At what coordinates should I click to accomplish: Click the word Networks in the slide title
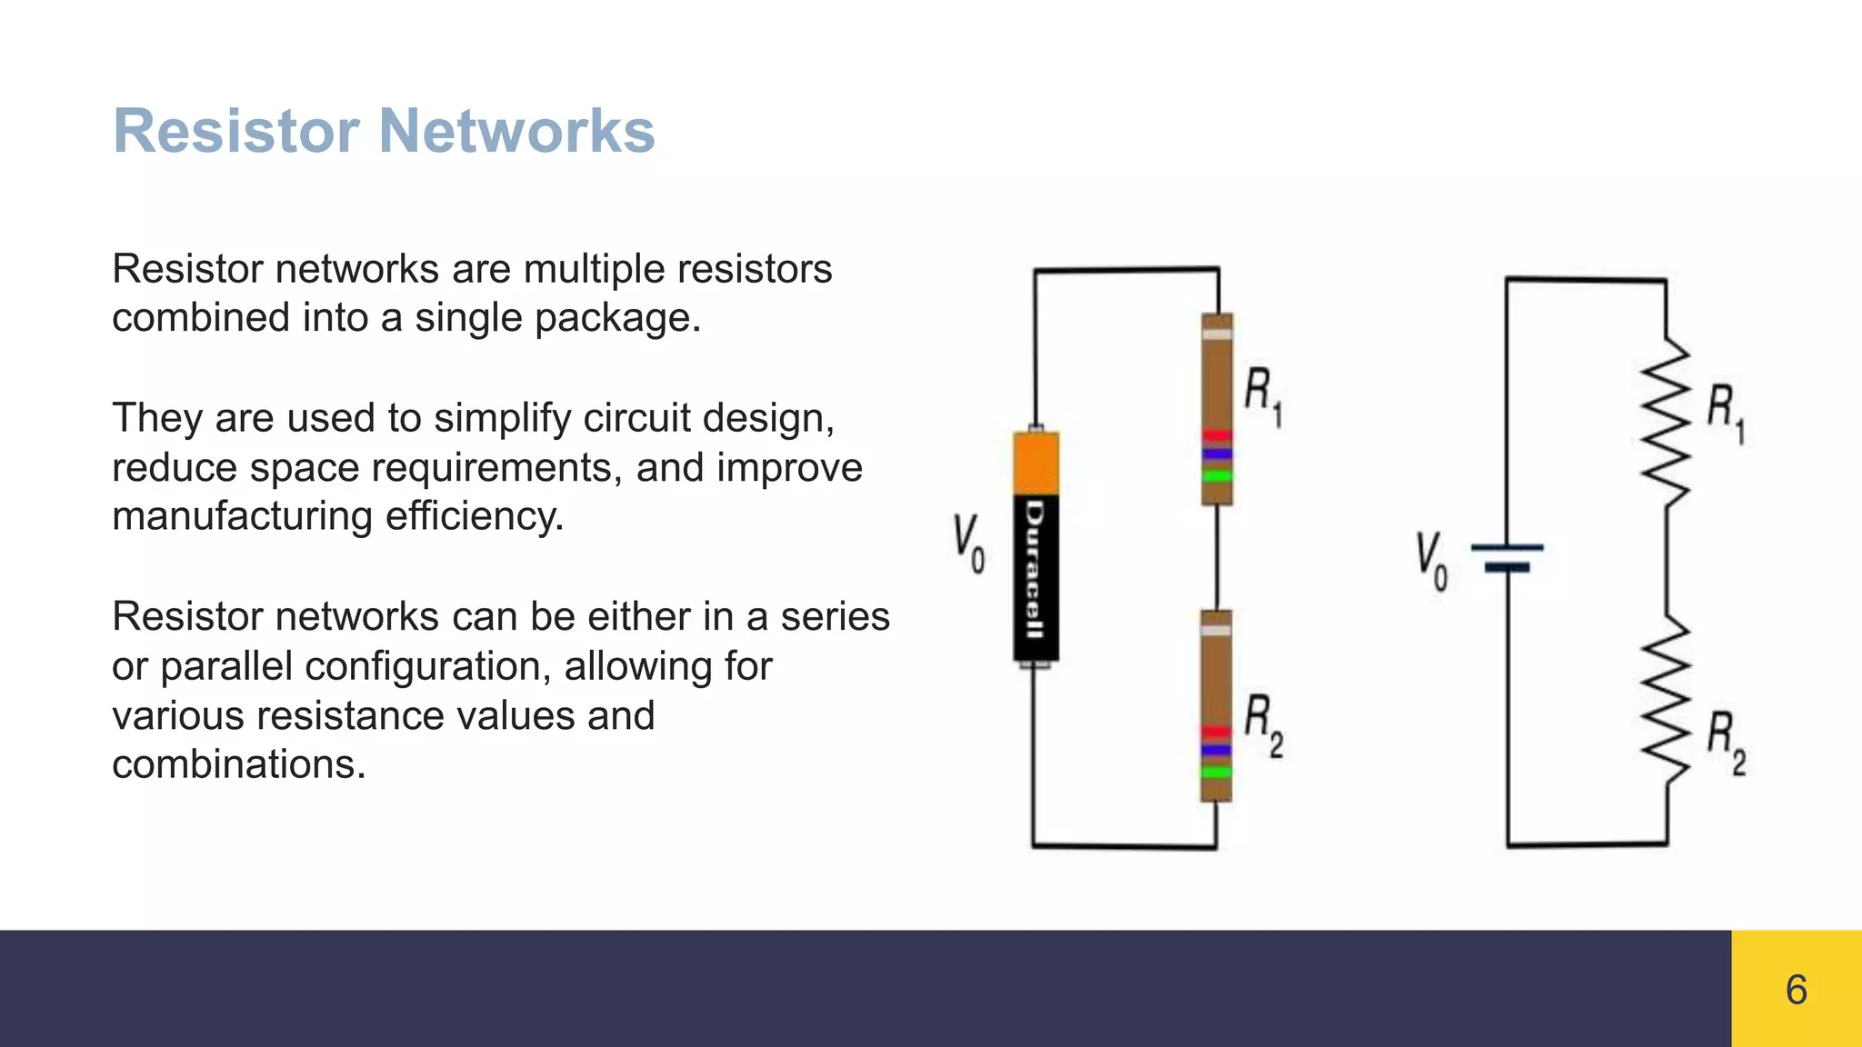(x=516, y=131)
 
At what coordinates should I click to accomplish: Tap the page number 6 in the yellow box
(x=1796, y=990)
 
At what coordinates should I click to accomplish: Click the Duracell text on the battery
(x=1035, y=570)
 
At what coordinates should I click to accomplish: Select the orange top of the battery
(x=1036, y=464)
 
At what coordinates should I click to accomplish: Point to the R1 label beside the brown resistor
(x=1263, y=396)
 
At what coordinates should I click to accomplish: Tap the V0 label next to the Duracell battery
(x=968, y=543)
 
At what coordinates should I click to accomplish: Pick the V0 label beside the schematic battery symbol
(x=1431, y=561)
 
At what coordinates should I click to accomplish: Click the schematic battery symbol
(x=1507, y=557)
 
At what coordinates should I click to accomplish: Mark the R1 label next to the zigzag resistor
(x=1725, y=414)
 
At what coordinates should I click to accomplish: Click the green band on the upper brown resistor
(x=1216, y=475)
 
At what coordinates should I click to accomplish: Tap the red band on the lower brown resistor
(x=1216, y=732)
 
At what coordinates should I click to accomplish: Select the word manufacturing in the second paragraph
(x=242, y=516)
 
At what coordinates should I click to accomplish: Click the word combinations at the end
(x=238, y=764)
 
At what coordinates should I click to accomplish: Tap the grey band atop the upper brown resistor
(x=1216, y=334)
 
